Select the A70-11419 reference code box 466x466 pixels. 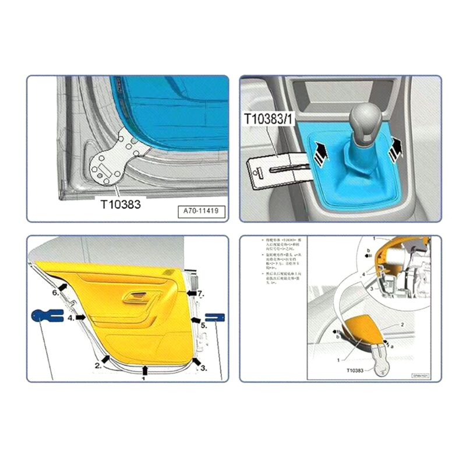click(200, 211)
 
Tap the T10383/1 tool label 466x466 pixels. click(269, 119)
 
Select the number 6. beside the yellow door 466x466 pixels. click(56, 292)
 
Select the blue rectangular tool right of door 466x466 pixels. click(215, 317)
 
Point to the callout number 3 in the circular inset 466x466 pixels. click(372, 288)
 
